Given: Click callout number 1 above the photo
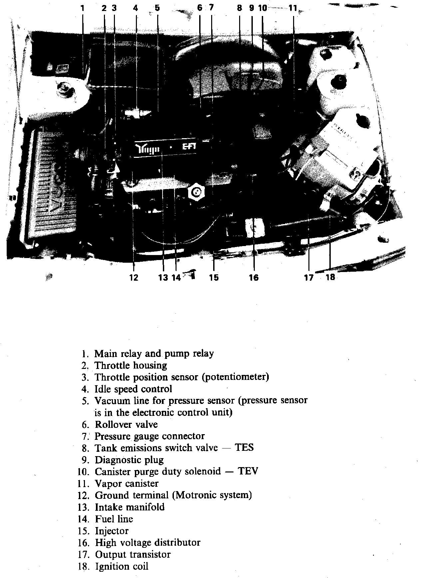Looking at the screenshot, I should click(x=82, y=8).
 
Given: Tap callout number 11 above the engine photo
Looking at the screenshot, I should click(x=292, y=8).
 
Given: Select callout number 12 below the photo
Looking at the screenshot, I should click(x=134, y=277).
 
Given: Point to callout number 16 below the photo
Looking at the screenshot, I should click(x=253, y=277).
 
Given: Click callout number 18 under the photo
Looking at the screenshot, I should click(x=330, y=276).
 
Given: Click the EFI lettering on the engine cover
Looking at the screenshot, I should click(x=189, y=147).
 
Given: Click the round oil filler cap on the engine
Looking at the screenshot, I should click(x=197, y=192).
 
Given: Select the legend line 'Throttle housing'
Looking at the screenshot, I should click(x=131, y=365).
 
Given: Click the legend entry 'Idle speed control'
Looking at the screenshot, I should click(x=133, y=389).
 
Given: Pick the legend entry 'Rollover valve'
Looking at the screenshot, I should click(x=126, y=424).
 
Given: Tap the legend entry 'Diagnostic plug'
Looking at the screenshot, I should click(x=129, y=460).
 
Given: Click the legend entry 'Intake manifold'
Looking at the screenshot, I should click(x=130, y=507).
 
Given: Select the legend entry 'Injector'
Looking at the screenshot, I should click(x=112, y=531).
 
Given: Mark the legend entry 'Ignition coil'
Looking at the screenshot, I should click(x=122, y=566).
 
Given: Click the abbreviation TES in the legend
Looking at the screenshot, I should click(x=244, y=447).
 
